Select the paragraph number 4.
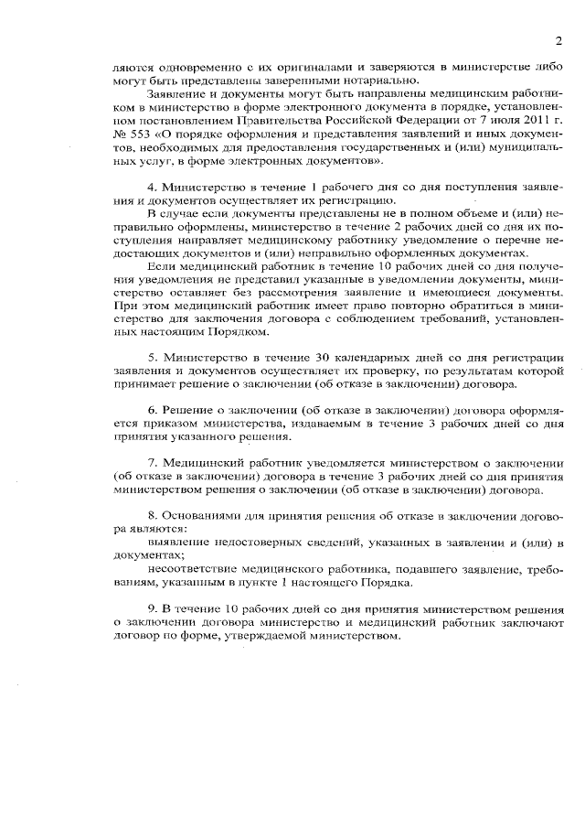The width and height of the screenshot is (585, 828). [152, 187]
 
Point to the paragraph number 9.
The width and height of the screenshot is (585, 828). [152, 608]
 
